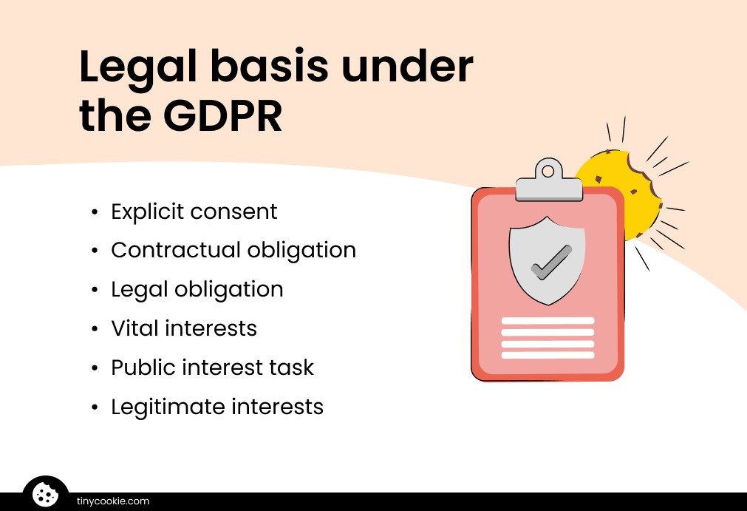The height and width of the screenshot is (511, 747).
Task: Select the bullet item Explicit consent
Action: (x=194, y=211)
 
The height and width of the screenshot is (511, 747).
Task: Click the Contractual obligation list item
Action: (x=233, y=250)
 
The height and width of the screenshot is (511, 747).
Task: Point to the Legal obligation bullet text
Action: (x=197, y=289)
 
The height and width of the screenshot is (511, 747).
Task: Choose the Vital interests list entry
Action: (x=184, y=328)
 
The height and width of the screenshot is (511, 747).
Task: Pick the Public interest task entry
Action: (x=212, y=368)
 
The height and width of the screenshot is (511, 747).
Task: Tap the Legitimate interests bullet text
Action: (x=217, y=406)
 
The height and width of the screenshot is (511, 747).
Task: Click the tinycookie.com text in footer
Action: (x=113, y=501)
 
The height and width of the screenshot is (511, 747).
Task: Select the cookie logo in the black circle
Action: (x=45, y=494)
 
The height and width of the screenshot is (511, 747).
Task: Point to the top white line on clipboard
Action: (x=548, y=321)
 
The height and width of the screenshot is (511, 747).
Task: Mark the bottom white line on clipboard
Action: (x=548, y=355)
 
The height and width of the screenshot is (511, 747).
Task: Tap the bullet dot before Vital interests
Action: (x=95, y=328)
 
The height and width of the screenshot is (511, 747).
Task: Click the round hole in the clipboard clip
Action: (x=548, y=172)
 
